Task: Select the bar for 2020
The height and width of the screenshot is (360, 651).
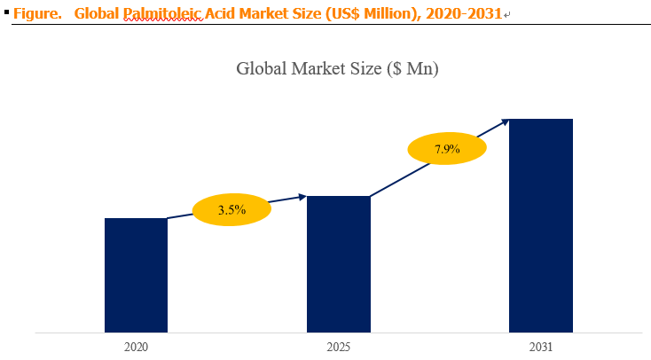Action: (136, 275)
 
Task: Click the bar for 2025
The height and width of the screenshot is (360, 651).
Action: (339, 264)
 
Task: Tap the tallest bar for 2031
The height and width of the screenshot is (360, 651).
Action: (541, 225)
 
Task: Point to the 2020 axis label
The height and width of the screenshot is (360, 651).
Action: (136, 347)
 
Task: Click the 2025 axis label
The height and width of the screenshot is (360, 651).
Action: (339, 347)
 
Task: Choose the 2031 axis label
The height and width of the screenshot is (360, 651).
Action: (541, 347)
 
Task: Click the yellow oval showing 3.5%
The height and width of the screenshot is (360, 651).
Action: (231, 209)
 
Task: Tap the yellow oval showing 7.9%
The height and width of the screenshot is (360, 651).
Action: (447, 149)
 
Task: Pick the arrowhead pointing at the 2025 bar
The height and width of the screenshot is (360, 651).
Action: (302, 197)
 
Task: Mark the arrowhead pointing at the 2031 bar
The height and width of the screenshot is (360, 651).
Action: (505, 122)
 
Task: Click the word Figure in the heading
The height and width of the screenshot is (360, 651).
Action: (37, 13)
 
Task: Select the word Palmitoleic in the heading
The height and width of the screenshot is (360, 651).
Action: (163, 13)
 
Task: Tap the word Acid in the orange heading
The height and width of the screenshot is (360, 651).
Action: (220, 13)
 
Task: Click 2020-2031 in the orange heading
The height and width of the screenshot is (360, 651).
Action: (464, 13)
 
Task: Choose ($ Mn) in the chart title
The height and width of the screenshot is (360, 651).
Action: (412, 69)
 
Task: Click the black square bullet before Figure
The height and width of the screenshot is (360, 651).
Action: (6, 12)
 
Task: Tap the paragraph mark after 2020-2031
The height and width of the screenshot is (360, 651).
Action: (506, 15)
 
